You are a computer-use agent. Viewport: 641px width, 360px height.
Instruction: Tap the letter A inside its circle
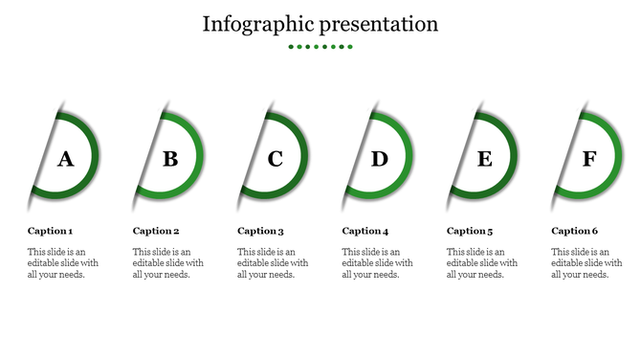65,159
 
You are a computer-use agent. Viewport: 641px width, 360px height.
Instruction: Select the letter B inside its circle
170,159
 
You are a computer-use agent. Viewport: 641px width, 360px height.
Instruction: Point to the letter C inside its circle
276,159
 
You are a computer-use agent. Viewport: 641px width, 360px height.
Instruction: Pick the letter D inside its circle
380,159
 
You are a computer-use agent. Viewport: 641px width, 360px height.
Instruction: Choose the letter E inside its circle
485,159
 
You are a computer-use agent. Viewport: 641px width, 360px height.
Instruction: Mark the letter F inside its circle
589,159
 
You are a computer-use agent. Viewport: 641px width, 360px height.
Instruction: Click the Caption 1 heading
51,231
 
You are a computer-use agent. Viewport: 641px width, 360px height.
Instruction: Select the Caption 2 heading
156,231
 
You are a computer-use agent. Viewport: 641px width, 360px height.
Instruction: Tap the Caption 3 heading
261,231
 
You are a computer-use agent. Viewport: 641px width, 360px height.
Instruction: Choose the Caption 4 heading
365,231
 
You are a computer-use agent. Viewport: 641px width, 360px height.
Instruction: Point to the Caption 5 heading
471,231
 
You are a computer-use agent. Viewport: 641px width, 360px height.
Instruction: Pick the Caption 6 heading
575,231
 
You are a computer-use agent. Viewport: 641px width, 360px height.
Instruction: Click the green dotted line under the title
320,46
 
